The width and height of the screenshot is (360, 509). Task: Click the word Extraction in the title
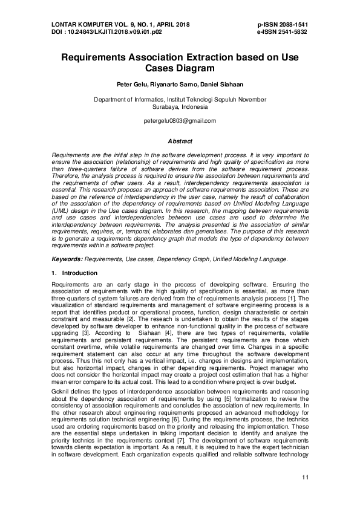coord(203,59)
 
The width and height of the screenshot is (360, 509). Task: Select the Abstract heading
coord(180,141)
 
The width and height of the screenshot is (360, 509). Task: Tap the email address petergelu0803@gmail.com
coord(180,121)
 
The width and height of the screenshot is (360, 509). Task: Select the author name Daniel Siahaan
coord(223,85)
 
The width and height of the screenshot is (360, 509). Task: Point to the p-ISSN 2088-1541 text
coord(283,24)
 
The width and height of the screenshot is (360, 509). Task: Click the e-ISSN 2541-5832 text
coord(283,31)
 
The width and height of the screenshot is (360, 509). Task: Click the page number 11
coord(304,479)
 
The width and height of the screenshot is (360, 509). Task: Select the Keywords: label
coord(68,259)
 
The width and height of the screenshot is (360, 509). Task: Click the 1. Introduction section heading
coord(74,273)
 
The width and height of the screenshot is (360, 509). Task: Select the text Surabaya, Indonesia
coord(180,106)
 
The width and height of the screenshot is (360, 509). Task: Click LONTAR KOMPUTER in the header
coord(77,24)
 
